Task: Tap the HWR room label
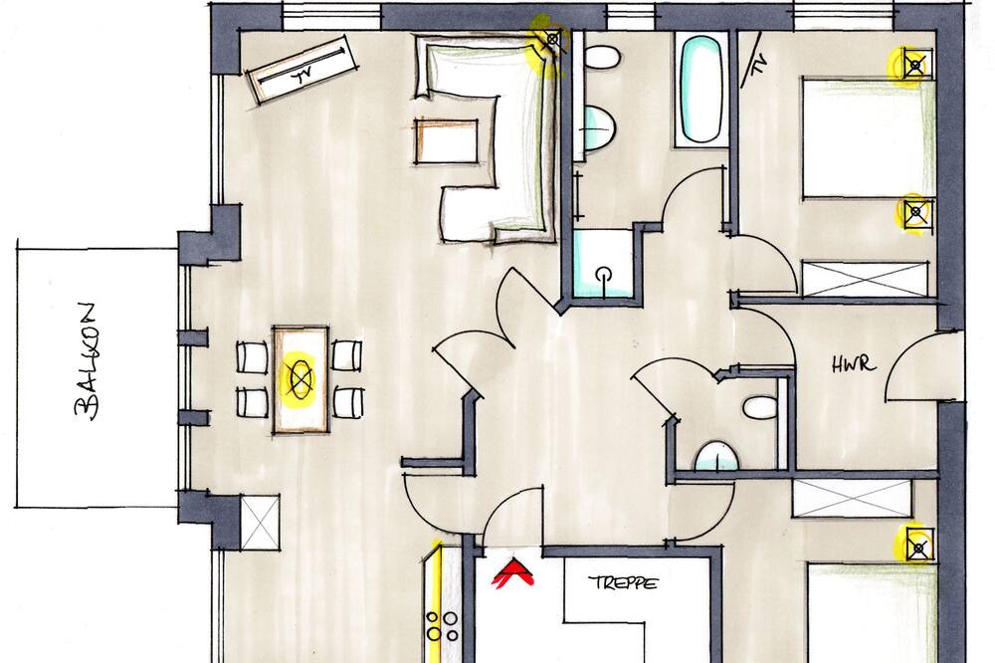[x=854, y=364]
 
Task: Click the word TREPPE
[x=623, y=582]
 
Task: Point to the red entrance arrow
[x=513, y=571]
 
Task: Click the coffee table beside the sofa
[x=447, y=141]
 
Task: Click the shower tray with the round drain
[x=603, y=264]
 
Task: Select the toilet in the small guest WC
[x=760, y=407]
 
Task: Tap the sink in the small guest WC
[x=717, y=457]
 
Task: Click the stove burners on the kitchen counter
[x=443, y=626]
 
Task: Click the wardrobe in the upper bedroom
[x=865, y=278]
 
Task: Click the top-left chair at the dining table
[x=253, y=357]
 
